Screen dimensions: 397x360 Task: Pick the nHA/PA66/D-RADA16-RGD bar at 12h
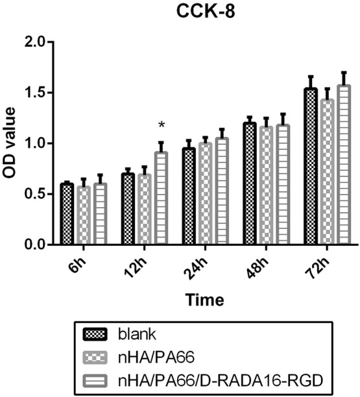[x=161, y=198]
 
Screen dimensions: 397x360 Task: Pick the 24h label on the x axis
[x=205, y=263]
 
